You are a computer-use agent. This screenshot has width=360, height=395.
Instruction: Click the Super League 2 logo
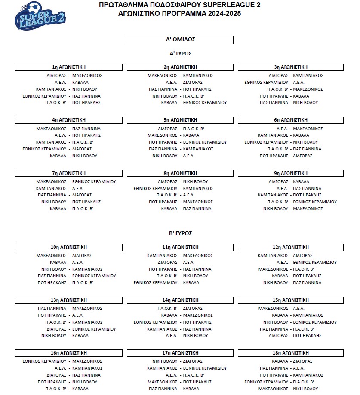41,17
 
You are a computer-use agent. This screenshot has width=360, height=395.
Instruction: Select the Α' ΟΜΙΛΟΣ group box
180,40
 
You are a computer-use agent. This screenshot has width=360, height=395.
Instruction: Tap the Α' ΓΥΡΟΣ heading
180,54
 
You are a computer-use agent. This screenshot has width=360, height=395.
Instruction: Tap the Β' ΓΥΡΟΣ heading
180,233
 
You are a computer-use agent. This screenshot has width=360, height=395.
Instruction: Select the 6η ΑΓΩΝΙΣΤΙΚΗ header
291,120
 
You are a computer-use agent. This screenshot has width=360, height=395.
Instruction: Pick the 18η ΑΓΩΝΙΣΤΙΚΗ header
291,353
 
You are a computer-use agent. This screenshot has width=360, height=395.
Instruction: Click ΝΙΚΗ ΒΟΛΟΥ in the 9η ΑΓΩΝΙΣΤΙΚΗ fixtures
275,208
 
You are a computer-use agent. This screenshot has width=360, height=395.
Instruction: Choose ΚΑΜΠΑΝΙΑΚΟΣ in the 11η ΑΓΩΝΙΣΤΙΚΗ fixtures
162,255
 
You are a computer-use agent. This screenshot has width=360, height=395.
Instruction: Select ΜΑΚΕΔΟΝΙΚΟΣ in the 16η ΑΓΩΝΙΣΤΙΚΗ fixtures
87,361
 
